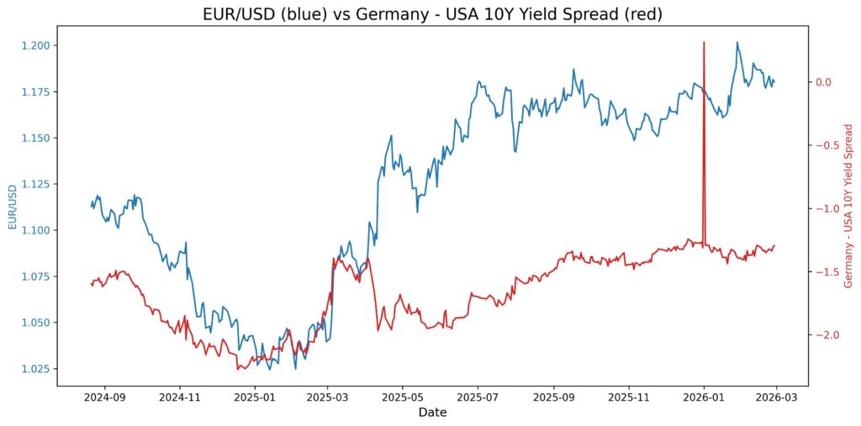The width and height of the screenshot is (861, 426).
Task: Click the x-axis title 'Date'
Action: coord(432,413)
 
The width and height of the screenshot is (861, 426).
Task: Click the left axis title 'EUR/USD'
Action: coord(13,208)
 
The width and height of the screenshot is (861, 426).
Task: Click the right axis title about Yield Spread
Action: coord(848,207)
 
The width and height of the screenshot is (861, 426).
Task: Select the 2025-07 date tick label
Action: coord(478,395)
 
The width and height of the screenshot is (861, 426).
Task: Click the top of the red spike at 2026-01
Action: coord(704,42)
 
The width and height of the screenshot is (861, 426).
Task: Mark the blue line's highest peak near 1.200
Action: coord(737,43)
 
